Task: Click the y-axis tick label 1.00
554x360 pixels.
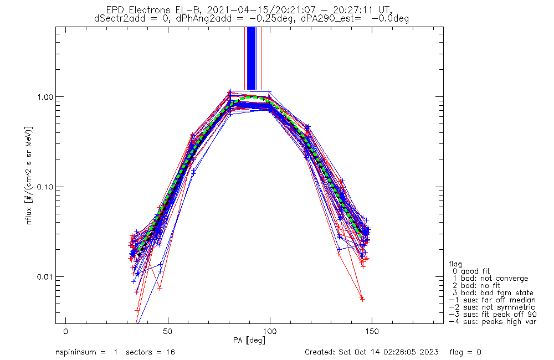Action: (44, 97)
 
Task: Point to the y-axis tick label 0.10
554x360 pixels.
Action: (44, 187)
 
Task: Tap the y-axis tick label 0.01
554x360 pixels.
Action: (44, 276)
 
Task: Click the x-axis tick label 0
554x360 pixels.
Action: (66, 331)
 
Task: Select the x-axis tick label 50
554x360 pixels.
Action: (167, 331)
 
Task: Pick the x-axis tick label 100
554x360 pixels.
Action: (270, 331)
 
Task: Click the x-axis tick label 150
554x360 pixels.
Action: (372, 331)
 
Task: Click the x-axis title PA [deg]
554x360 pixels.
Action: (249, 341)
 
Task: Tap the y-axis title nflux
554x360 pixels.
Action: (29, 215)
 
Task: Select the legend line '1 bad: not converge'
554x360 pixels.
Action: (490, 279)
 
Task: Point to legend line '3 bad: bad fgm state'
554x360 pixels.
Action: (493, 293)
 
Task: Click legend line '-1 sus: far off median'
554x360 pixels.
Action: (492, 300)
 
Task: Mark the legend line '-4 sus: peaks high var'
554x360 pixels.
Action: (493, 322)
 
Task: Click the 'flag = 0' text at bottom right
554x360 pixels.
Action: (465, 352)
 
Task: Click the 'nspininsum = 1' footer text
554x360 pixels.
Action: (86, 353)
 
